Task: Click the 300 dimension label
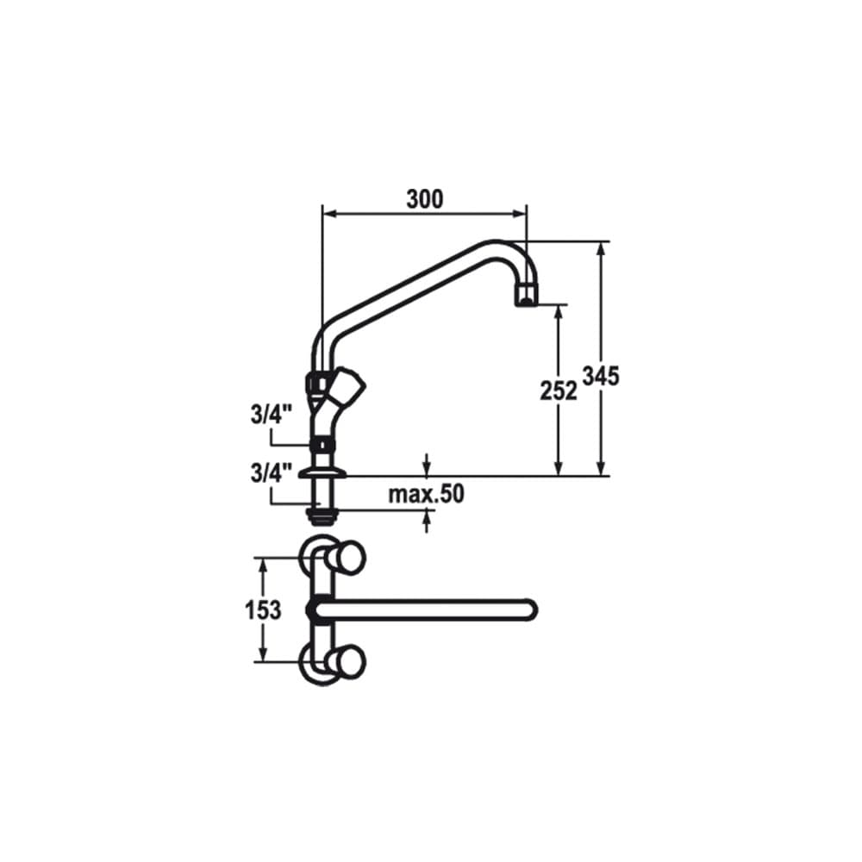424,199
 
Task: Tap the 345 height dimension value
601,377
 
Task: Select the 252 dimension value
559,390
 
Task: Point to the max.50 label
426,494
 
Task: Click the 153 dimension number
263,610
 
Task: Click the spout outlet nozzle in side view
525,296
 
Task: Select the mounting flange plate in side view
322,472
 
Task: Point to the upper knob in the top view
349,559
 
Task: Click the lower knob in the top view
349,662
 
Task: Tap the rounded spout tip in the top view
528,610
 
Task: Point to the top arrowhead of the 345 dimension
601,248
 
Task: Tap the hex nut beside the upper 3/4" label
322,445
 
